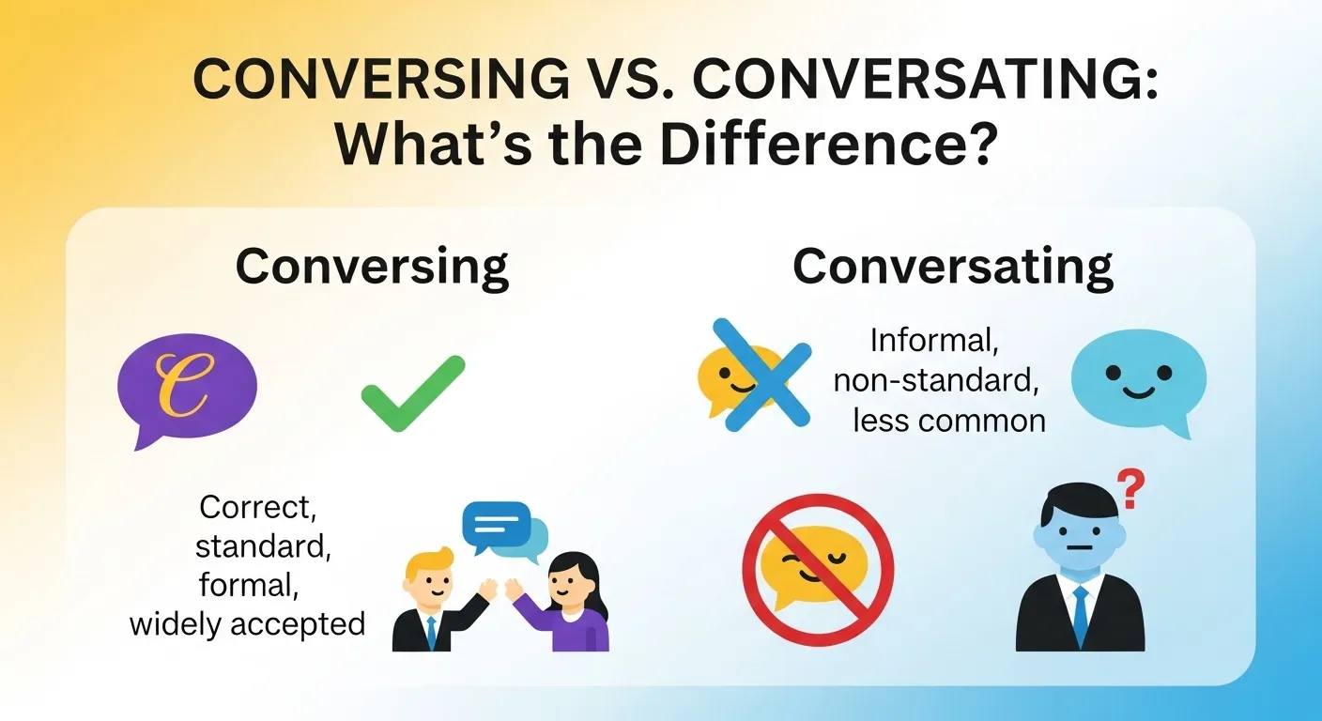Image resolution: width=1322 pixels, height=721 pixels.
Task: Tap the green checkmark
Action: (412, 392)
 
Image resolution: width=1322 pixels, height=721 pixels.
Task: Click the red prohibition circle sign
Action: (818, 570)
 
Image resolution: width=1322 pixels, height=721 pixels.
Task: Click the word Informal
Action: (934, 339)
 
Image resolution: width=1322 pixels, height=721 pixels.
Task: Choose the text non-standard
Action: (939, 379)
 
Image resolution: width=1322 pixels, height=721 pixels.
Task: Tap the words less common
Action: (948, 420)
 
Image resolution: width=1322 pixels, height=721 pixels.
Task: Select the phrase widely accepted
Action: (247, 623)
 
